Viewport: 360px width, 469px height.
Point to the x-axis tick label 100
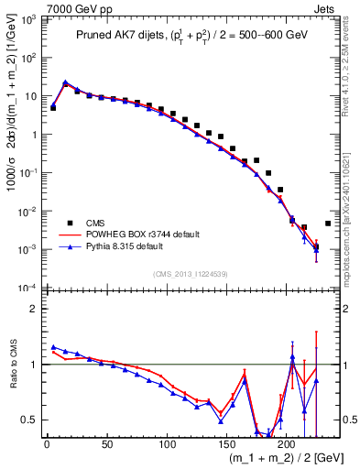pos(167,444)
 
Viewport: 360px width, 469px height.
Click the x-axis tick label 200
pos(287,444)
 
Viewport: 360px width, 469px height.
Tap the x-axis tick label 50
pos(106,444)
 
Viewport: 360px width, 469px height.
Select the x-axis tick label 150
pos(227,444)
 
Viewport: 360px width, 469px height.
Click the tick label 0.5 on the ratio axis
pos(30,420)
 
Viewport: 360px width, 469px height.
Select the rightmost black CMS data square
pos(328,224)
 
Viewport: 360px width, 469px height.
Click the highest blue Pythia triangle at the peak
pos(66,82)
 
